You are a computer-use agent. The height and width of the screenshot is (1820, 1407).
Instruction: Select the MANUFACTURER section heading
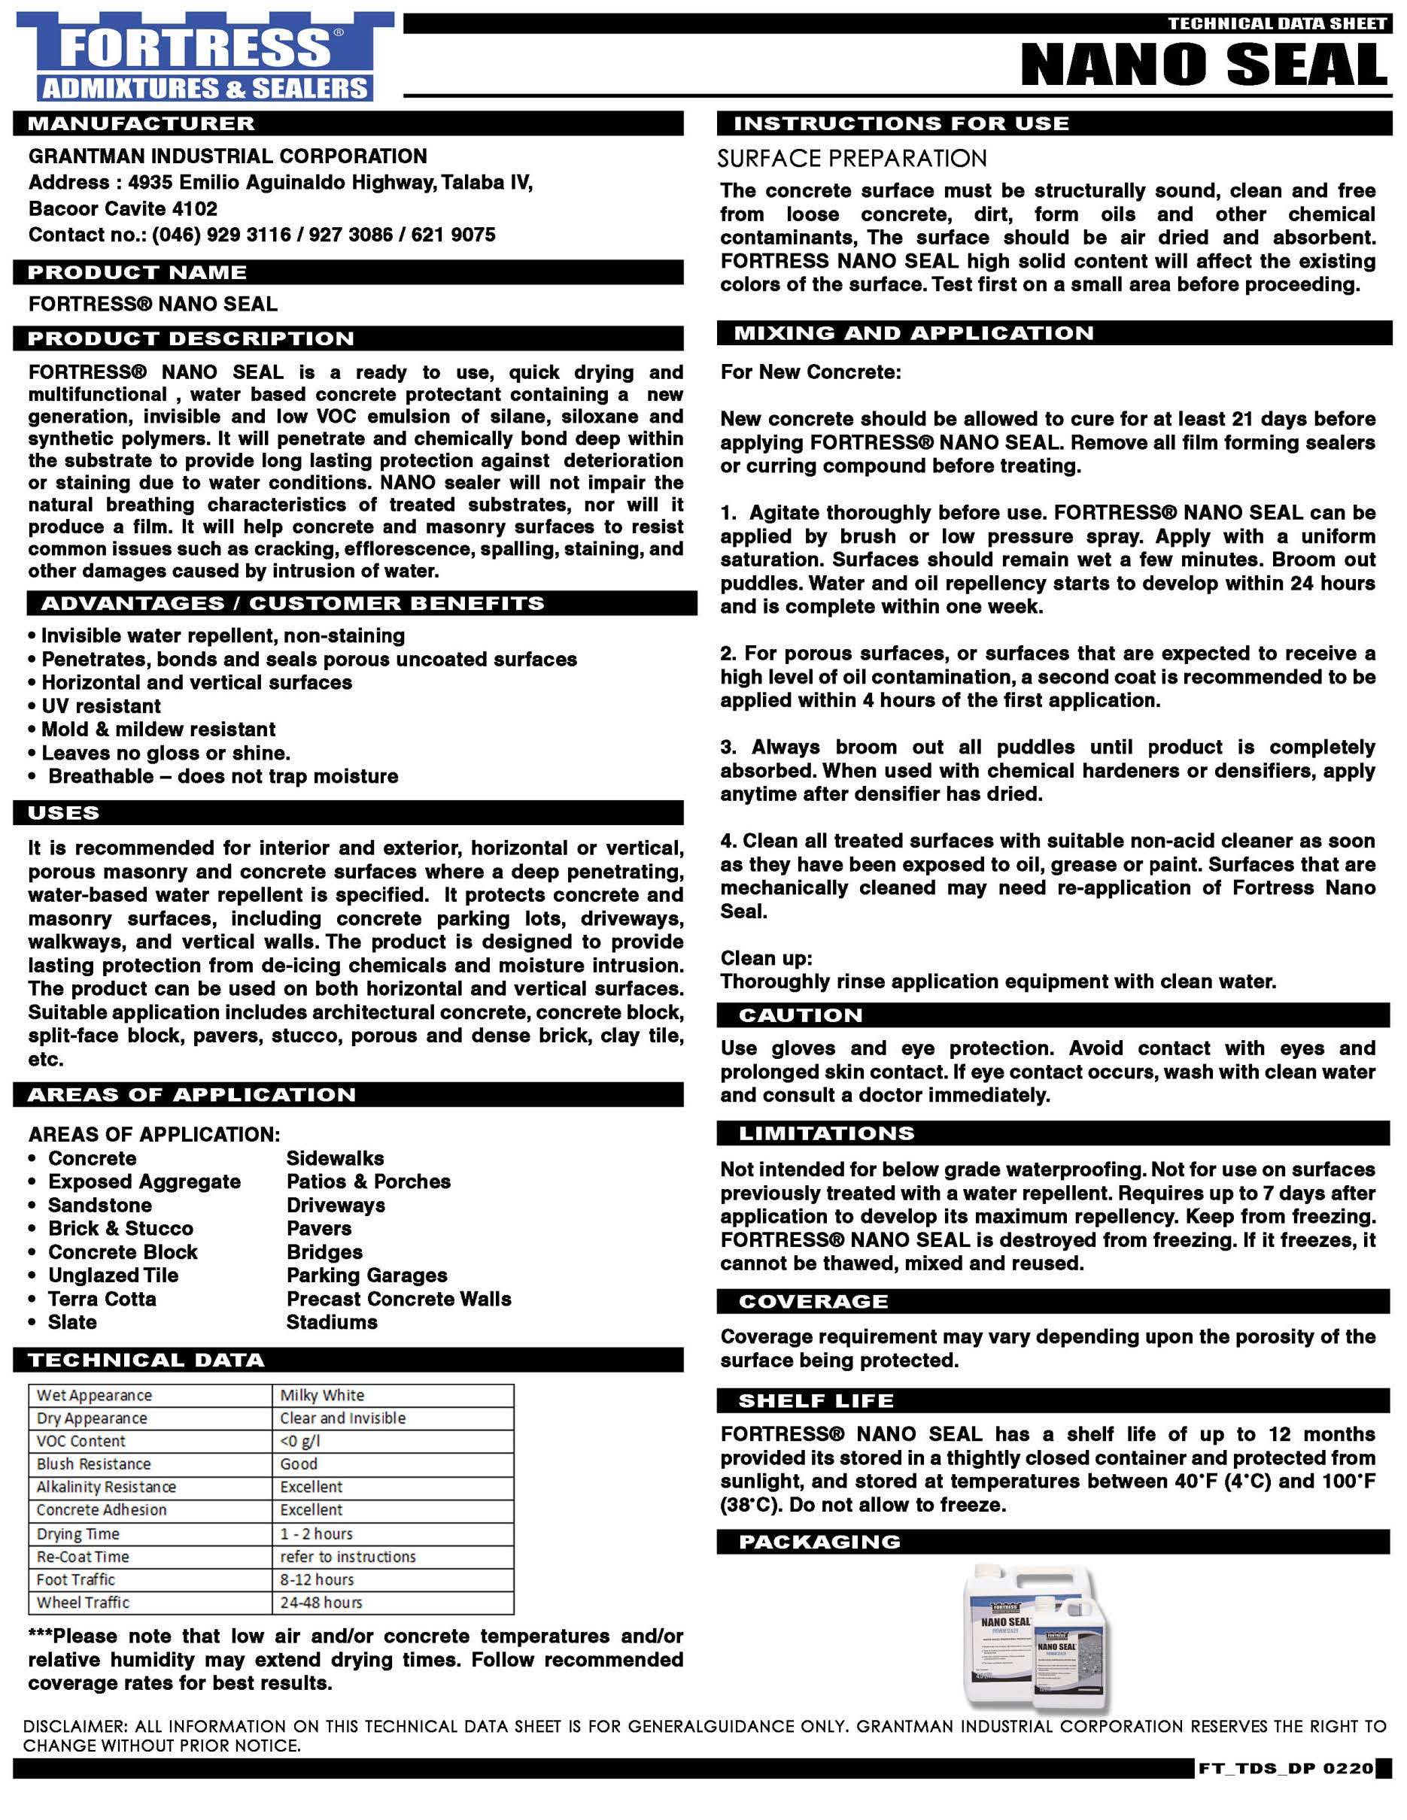tap(141, 123)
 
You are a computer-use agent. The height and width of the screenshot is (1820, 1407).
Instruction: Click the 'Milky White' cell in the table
tap(322, 1395)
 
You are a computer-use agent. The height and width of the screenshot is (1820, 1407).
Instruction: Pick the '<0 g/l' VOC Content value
tap(300, 1441)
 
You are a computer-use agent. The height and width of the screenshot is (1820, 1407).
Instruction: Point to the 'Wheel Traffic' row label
tap(84, 1603)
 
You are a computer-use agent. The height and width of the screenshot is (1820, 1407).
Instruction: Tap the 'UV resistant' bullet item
tap(101, 706)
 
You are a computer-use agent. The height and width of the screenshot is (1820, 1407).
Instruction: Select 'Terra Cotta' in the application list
tap(102, 1298)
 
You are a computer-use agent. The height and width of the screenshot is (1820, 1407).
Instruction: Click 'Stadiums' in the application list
tap(332, 1321)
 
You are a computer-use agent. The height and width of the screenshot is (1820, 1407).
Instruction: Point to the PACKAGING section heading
tap(819, 1542)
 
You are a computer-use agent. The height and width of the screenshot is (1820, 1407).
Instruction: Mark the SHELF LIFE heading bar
tap(816, 1401)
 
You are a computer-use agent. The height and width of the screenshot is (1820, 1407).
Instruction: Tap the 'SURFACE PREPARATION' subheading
tap(852, 159)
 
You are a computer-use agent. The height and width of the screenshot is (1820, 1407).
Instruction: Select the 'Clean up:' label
tap(766, 957)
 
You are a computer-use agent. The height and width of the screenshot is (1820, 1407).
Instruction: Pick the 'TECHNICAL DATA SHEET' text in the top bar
tap(1277, 23)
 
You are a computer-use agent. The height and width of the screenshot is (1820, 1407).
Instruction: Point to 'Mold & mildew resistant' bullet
tap(158, 730)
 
